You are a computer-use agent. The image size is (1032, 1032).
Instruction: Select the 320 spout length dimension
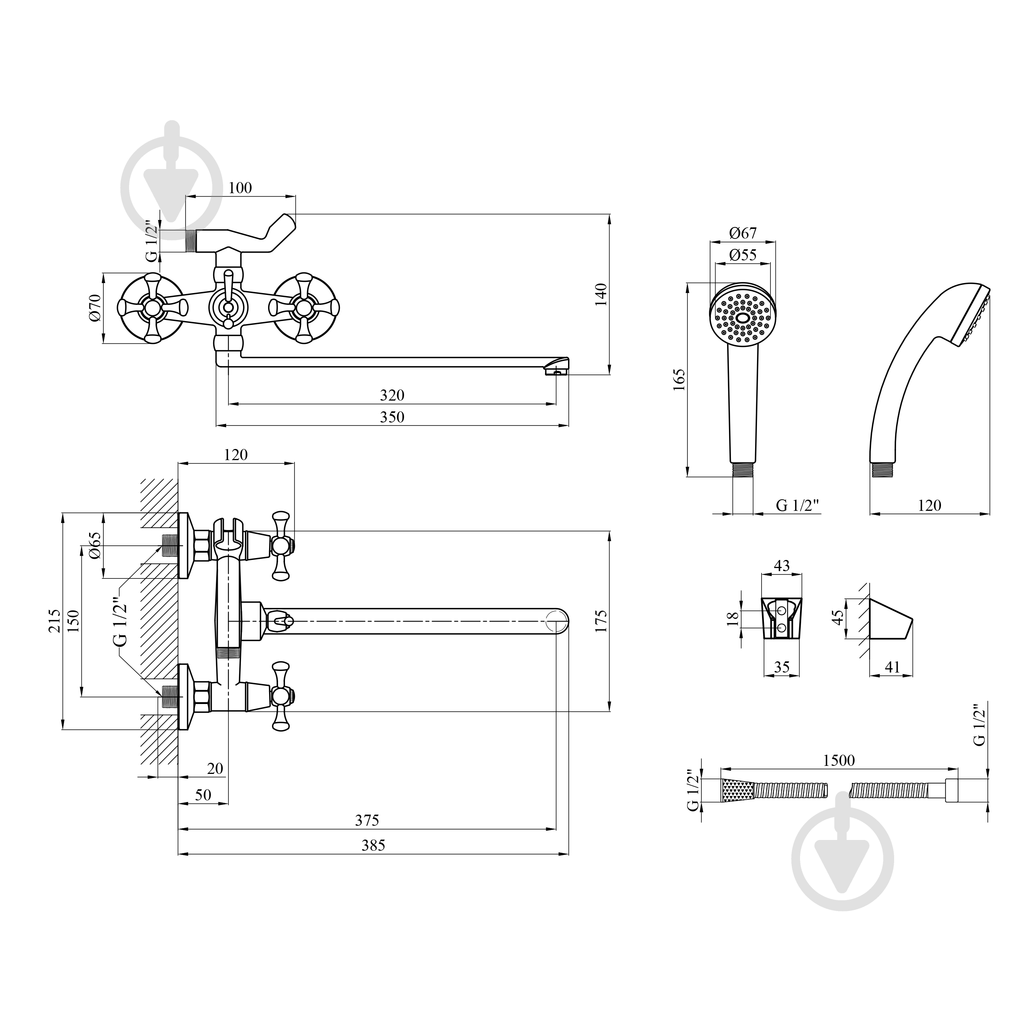pos(392,395)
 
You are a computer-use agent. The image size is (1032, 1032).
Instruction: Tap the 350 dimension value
pos(392,417)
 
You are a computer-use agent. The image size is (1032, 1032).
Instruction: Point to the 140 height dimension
pos(601,294)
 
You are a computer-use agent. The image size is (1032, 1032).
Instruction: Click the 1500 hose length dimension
pos(839,760)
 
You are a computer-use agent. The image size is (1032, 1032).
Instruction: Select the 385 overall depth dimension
pos(373,845)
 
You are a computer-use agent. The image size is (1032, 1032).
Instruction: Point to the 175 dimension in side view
pos(601,621)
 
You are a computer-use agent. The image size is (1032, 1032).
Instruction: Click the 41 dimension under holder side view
pos(892,667)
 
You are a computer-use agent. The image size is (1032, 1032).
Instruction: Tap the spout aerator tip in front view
pos(557,368)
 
